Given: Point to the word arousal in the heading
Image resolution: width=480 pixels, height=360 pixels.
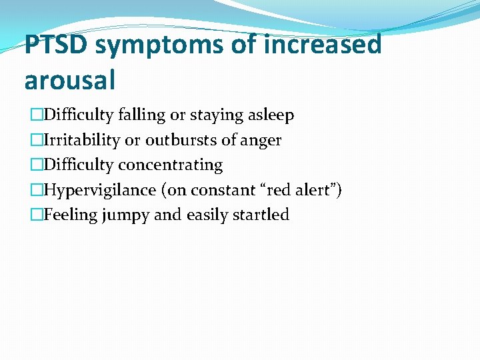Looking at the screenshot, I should (70, 79).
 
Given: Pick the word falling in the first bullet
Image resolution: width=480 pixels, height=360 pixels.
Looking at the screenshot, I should (142, 115).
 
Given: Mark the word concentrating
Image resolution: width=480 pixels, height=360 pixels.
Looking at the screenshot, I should (170, 165).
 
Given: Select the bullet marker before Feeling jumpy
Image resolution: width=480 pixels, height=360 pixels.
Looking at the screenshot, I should (36, 215).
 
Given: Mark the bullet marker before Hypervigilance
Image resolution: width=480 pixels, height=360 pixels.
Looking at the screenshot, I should (36, 190).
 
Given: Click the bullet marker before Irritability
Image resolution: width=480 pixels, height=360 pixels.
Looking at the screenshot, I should (36, 140).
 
